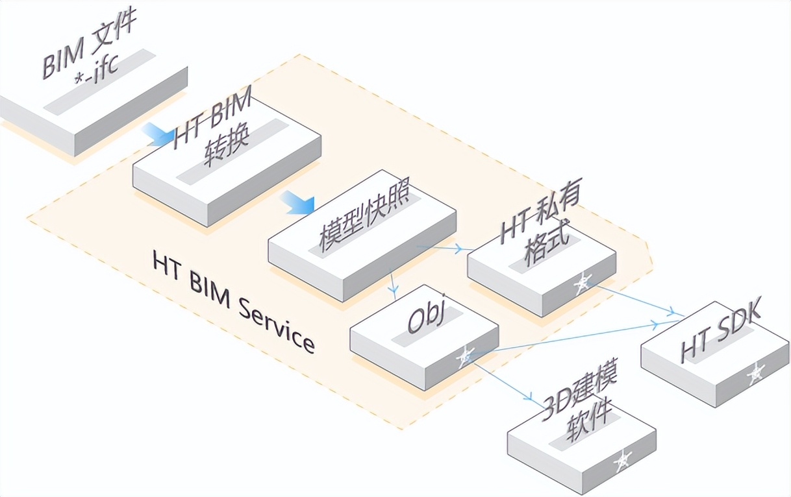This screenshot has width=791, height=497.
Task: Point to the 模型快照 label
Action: click(364, 221)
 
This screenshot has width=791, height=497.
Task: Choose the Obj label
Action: click(425, 317)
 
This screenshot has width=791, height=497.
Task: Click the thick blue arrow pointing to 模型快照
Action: click(296, 202)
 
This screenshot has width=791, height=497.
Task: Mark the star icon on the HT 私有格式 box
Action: click(583, 282)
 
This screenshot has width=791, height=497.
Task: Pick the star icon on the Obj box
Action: click(465, 356)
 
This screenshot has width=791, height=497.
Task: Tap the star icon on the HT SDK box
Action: click(755, 372)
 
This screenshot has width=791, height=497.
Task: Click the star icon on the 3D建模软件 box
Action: click(622, 460)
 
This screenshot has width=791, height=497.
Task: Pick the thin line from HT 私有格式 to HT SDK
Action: click(640, 300)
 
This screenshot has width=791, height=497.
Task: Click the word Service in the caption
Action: click(276, 324)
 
